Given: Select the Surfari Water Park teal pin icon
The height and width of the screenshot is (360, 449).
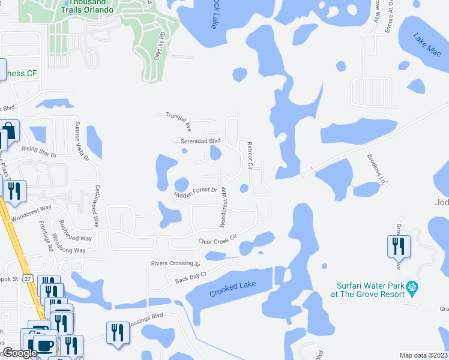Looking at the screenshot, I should pos(412,289).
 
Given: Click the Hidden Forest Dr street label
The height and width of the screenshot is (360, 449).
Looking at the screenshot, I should pos(196,193).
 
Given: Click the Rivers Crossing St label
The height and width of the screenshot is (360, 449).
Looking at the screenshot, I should pos(175,263).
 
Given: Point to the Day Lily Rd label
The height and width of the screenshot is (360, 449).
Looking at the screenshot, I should pos(160,46).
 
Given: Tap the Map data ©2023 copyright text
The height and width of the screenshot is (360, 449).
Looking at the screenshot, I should pos(423,355).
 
